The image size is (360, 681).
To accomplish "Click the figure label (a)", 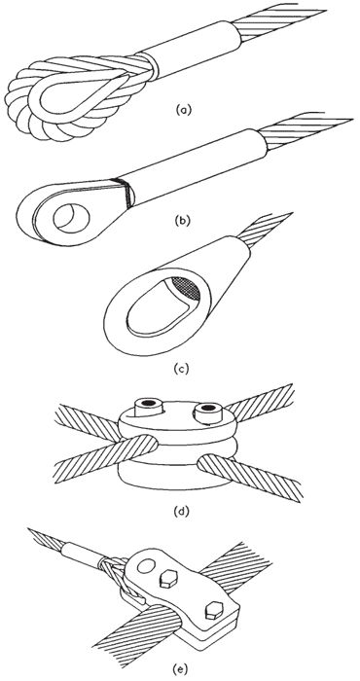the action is pos(183,110).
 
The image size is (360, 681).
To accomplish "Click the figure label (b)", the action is pos(182,220).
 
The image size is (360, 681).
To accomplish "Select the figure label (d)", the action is pos(181,512).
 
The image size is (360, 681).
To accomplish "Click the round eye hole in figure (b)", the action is pos(71,216).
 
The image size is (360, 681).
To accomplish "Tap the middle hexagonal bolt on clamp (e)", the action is pos(168,579).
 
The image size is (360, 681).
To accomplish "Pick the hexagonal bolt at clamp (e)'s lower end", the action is pos(215,612).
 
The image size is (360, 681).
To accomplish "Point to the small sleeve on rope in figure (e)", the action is pos(84,555).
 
